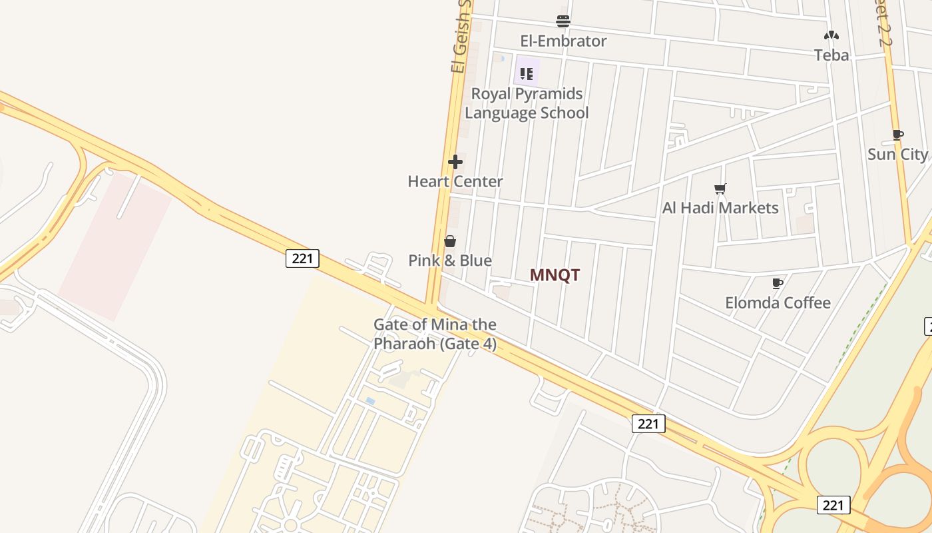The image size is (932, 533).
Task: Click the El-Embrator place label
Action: pyautogui.click(x=563, y=41)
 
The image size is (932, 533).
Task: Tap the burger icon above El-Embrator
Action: pyautogui.click(x=563, y=21)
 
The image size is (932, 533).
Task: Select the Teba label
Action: pyautogui.click(x=831, y=55)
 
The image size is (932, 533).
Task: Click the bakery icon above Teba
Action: pyautogui.click(x=831, y=35)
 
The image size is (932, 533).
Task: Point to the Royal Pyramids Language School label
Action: pyautogui.click(x=527, y=103)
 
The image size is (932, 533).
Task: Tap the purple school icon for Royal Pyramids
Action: pyautogui.click(x=527, y=73)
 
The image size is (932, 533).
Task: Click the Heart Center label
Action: pyautogui.click(x=455, y=181)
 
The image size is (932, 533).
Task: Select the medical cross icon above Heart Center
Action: pyautogui.click(x=455, y=162)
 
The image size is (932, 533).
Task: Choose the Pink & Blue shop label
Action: pyautogui.click(x=450, y=261)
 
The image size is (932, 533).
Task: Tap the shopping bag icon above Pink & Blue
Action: pyautogui.click(x=450, y=241)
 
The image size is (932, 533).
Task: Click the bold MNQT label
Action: pyautogui.click(x=555, y=275)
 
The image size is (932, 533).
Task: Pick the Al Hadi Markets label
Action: pyautogui.click(x=720, y=208)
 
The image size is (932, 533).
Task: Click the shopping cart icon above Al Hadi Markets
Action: pyautogui.click(x=720, y=189)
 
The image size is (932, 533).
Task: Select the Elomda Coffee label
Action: pyautogui.click(x=778, y=302)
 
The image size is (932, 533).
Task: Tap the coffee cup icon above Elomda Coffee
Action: pyautogui.click(x=777, y=283)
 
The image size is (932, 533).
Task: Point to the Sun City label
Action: pyautogui.click(x=897, y=155)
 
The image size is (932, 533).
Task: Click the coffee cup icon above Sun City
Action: pyautogui.click(x=897, y=135)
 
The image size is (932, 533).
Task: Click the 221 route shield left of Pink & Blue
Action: pyautogui.click(x=302, y=259)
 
